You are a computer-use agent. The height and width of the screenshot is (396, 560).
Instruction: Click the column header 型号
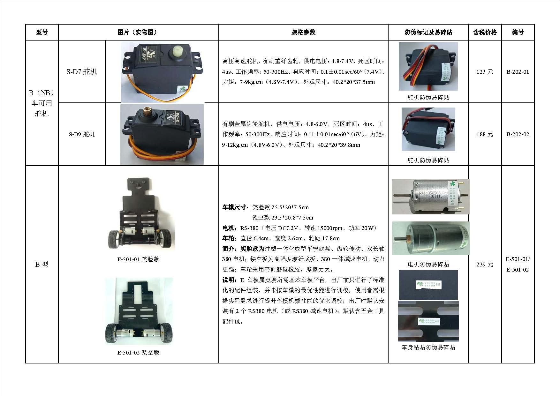pos(42,32)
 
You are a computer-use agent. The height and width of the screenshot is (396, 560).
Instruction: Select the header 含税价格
pos(485,32)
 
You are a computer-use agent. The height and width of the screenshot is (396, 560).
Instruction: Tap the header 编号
pos(518,32)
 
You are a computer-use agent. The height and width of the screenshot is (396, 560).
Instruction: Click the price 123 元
pos(485,72)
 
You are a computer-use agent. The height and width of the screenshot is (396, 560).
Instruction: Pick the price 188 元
pos(485,134)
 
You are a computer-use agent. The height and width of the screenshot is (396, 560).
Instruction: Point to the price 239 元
pos(485,265)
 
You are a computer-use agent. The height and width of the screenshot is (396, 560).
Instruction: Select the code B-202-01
pos(518,72)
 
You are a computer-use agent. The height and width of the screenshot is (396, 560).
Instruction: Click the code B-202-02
pos(518,134)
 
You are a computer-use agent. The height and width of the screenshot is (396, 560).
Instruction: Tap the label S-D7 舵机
pos(81,72)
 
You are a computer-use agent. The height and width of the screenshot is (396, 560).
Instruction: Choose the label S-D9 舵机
pos(81,134)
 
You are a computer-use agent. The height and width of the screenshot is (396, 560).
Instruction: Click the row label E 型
pos(42,265)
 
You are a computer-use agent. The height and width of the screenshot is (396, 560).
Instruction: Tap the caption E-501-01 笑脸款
pos(138,259)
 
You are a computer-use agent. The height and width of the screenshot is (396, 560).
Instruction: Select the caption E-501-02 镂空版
pos(138,353)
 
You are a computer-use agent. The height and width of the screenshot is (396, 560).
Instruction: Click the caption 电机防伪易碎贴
pos(428,264)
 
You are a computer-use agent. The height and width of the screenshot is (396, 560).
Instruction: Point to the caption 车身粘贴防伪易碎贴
pos(428,347)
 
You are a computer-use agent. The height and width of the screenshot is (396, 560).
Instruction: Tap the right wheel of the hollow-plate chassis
pos(166,333)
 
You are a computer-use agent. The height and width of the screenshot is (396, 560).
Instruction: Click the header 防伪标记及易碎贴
pos(428,32)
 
